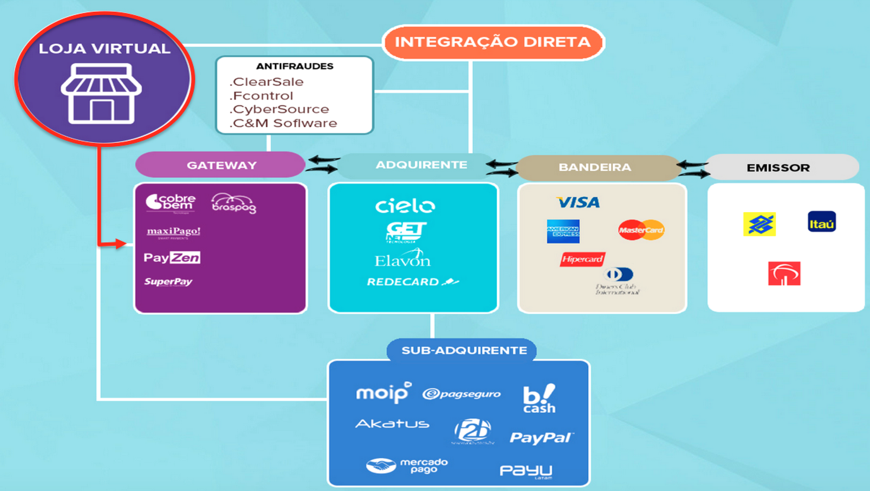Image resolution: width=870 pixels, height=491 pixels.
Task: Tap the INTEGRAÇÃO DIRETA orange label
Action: (x=493, y=42)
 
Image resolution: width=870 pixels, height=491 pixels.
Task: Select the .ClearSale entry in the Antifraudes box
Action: (x=267, y=82)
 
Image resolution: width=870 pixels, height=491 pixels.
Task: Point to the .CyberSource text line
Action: (x=279, y=109)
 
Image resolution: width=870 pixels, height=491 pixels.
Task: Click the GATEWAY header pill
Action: (x=221, y=165)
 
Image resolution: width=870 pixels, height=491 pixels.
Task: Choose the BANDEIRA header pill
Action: (x=595, y=167)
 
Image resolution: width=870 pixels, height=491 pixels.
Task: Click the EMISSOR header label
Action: (x=778, y=168)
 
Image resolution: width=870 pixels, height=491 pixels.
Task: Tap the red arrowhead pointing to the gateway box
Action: (x=120, y=244)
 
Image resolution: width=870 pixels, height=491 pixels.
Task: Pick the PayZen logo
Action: (x=172, y=258)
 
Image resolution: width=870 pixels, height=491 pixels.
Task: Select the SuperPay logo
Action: (x=168, y=282)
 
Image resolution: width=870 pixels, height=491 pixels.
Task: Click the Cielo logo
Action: (x=405, y=206)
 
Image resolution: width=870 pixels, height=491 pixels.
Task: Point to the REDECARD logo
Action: (x=413, y=282)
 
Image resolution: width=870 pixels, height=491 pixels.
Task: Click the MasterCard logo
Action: (x=641, y=230)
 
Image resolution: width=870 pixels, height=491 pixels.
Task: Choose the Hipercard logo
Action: (x=582, y=259)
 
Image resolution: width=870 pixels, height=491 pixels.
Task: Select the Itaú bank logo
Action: (x=822, y=221)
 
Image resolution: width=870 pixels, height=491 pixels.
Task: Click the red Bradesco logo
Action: (x=784, y=274)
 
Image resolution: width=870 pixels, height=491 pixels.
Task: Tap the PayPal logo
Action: (x=541, y=437)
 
